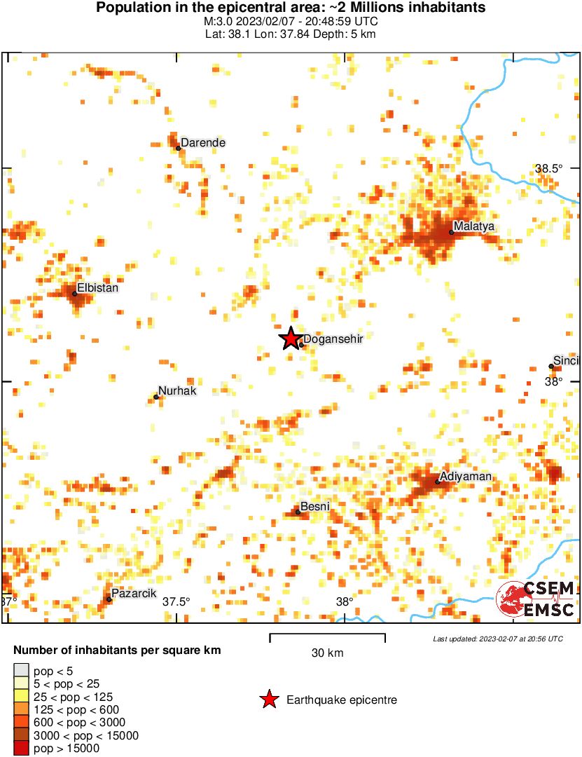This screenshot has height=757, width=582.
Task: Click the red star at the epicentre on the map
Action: [x=290, y=339]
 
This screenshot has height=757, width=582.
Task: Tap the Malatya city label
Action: [x=474, y=226]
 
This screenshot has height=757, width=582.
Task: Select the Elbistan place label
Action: [x=97, y=287]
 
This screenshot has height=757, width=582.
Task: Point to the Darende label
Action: [x=203, y=143]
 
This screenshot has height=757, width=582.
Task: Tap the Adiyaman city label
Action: [x=465, y=477]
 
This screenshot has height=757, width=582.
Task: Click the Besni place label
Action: [x=314, y=507]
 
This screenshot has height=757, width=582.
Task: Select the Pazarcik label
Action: [x=134, y=594]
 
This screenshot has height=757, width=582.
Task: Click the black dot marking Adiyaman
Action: [x=437, y=482]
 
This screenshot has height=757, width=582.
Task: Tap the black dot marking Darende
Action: [x=178, y=148]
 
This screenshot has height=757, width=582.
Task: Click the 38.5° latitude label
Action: [x=549, y=168]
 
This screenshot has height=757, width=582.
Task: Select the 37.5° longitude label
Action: [x=176, y=601]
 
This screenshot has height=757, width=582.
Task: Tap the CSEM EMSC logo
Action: [x=536, y=600]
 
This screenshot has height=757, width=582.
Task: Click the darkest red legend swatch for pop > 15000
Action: [x=21, y=749]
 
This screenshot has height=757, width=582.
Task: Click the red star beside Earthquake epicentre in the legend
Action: [x=268, y=700]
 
